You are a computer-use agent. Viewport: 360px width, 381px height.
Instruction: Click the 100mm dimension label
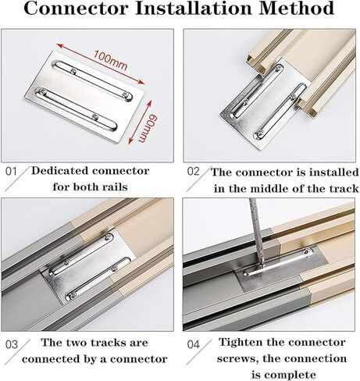[x=110, y=61]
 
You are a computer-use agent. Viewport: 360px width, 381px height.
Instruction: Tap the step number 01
[x=11, y=172]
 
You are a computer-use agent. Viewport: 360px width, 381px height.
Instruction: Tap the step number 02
[x=194, y=172]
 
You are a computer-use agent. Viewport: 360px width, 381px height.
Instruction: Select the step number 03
[x=12, y=344]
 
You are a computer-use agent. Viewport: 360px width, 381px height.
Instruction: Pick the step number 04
[x=194, y=344]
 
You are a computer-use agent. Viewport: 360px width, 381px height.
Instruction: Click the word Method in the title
[x=296, y=8]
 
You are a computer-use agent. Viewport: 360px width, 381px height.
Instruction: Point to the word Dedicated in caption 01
[x=60, y=171]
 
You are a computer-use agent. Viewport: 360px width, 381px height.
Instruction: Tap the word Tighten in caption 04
[x=241, y=343]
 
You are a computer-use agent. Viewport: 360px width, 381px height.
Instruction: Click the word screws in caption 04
[x=238, y=359]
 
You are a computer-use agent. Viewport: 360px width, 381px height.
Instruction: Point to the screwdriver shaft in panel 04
[x=257, y=234]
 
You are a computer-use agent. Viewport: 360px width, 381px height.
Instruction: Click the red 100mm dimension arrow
[x=101, y=64]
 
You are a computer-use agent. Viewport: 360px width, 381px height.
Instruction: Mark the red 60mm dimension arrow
[x=140, y=122]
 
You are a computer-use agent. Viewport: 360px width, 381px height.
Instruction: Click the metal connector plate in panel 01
[x=84, y=96]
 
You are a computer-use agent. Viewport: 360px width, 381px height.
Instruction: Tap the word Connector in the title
[x=77, y=8]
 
